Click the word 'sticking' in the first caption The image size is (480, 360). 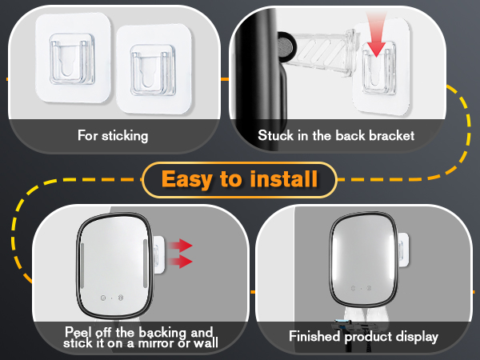tap(125, 136)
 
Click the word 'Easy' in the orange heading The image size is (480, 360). tap(187, 180)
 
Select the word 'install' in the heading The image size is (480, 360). tap(284, 178)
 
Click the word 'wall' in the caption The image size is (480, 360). tap(206, 343)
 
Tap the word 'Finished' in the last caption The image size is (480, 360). tap(315, 336)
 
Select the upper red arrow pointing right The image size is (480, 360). tap(180, 246)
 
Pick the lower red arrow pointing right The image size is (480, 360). tap(180, 262)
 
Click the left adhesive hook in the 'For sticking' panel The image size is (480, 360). tap(73, 58)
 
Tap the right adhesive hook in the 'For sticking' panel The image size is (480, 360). tap(154, 70)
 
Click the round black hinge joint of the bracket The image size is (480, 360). tap(286, 47)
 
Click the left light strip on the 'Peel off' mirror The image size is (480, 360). tap(82, 266)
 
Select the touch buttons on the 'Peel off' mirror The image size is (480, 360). tap(112, 298)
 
